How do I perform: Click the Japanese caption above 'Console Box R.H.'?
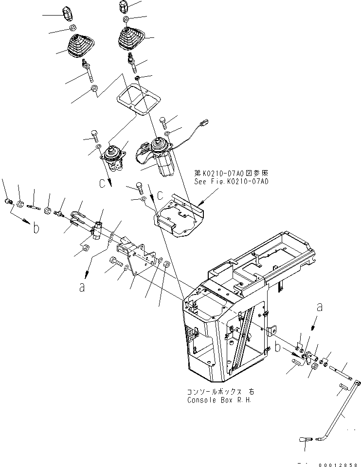(x=220, y=392)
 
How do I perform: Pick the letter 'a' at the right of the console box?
(x=319, y=307)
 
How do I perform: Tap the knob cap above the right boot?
(x=123, y=7)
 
